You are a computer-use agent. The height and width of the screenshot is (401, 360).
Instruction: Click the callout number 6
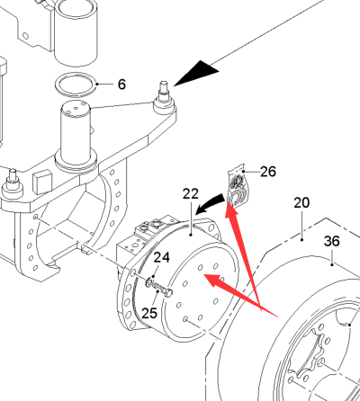[x=121, y=85]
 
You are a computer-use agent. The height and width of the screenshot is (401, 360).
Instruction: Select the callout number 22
[x=191, y=194]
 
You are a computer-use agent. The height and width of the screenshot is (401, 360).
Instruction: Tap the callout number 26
[x=268, y=172]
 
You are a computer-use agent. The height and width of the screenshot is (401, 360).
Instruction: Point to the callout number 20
[x=301, y=203]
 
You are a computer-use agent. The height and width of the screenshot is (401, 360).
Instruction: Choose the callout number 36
[x=332, y=241]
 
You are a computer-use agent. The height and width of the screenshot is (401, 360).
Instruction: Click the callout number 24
[x=162, y=257]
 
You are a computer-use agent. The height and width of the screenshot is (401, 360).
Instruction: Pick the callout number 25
[x=149, y=313]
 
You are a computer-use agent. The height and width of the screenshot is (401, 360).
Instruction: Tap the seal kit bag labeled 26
[x=238, y=186]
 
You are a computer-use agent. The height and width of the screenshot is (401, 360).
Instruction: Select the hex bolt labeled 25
[x=163, y=290]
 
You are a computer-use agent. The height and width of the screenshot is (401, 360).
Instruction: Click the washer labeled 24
[x=149, y=282]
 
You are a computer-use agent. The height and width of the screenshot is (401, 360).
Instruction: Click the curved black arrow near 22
[x=210, y=203]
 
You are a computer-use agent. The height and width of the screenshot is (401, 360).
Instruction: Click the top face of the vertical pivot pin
[x=76, y=109]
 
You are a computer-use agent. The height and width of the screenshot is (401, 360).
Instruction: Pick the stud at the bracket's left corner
[x=13, y=183]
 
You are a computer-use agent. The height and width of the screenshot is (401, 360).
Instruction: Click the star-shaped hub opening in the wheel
[x=309, y=353]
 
